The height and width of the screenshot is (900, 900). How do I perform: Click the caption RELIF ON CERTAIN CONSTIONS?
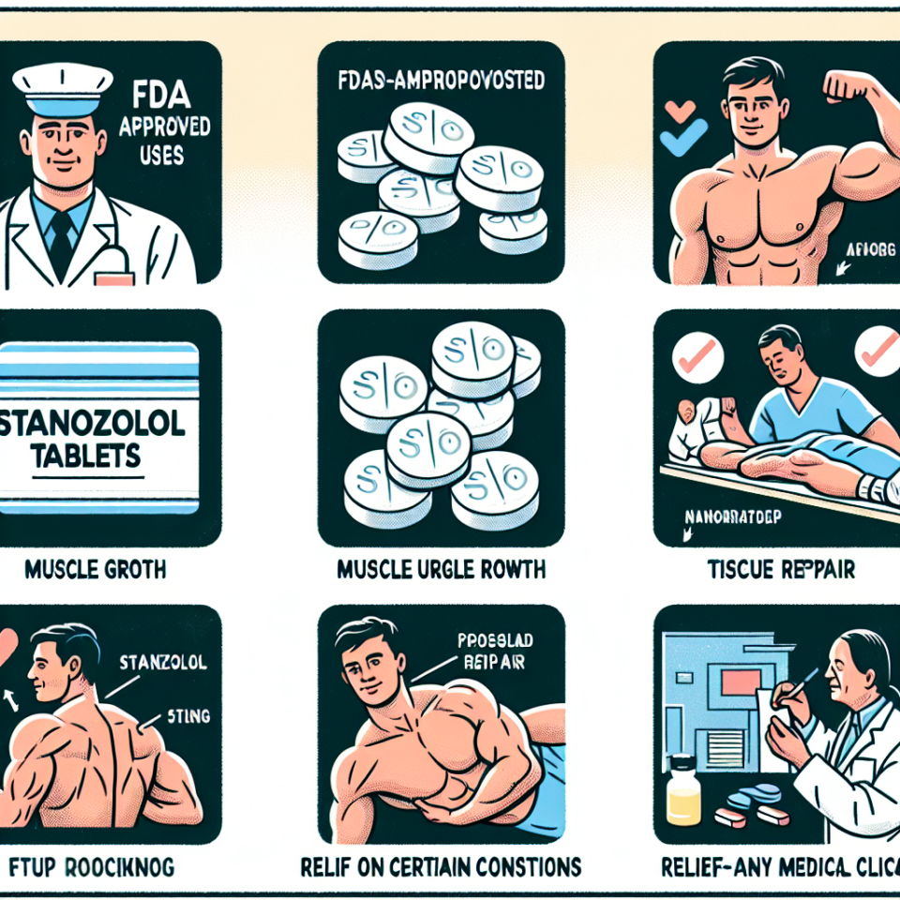pyautogui.click(x=441, y=864)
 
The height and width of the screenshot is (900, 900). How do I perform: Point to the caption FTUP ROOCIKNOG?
pyautogui.click(x=94, y=864)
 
